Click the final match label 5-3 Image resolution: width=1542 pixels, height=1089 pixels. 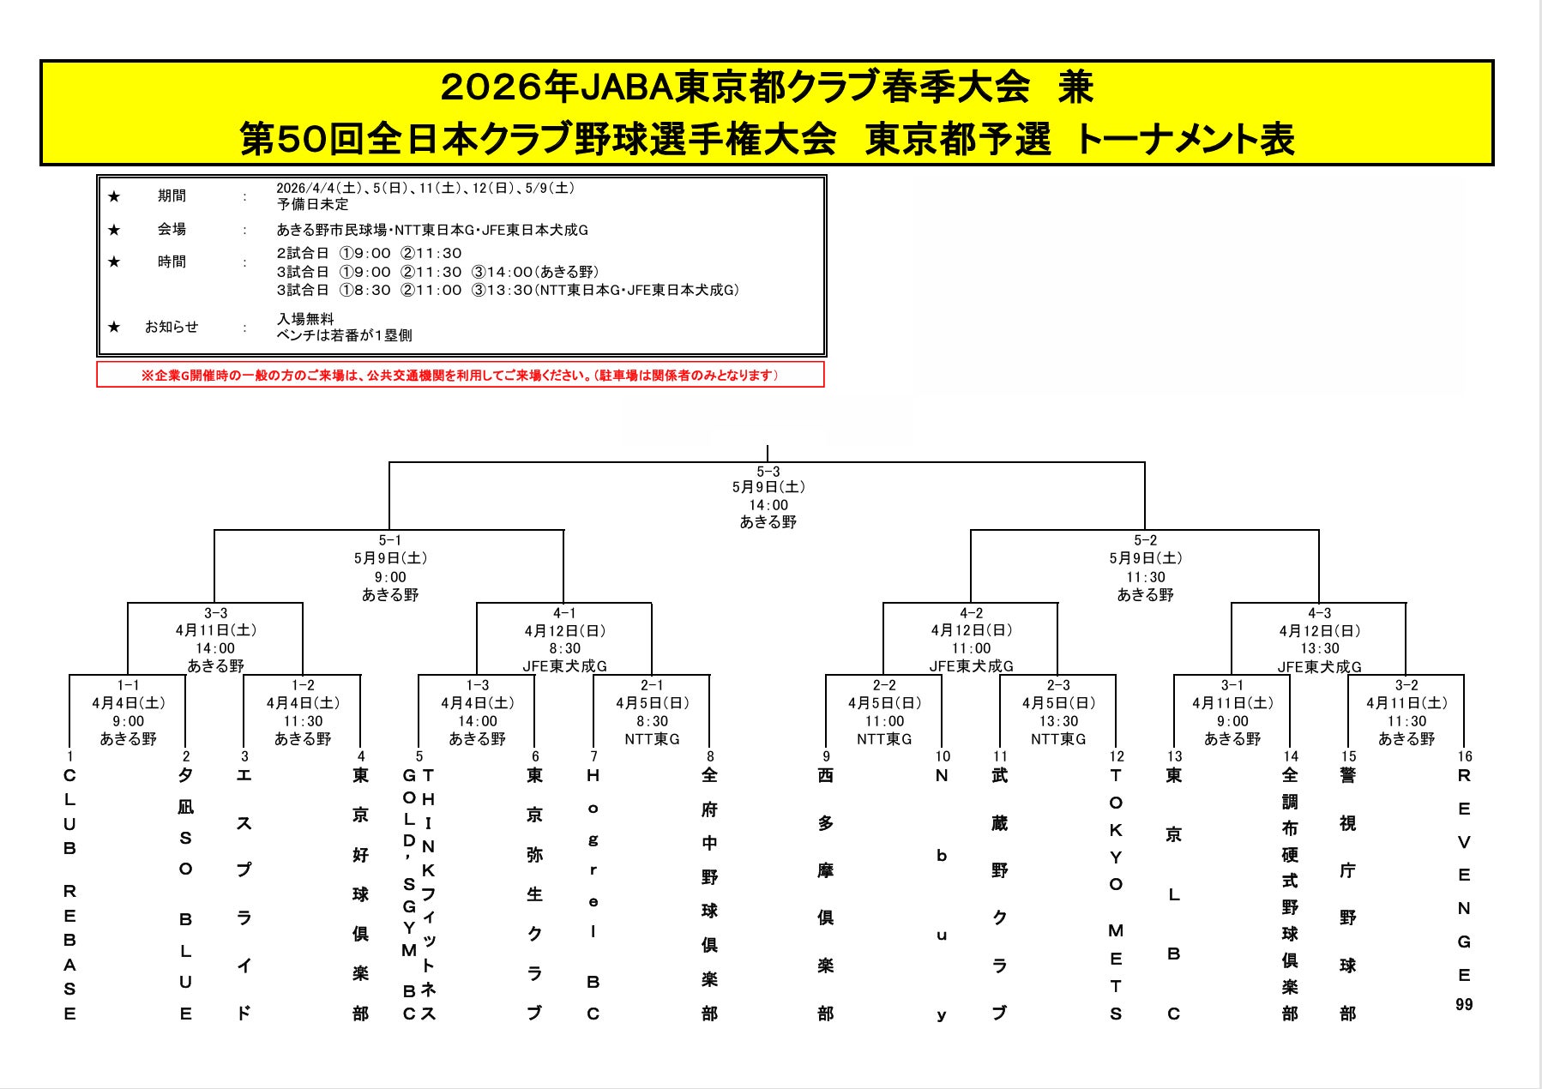[x=768, y=472]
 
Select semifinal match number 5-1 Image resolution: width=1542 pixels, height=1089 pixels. [x=389, y=540]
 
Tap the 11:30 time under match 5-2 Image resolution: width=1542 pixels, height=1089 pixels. [x=1145, y=577]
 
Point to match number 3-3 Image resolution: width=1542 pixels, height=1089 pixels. [x=215, y=613]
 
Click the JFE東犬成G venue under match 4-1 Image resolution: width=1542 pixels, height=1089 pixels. [x=564, y=665]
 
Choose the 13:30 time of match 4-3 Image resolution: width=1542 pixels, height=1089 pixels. [x=1319, y=648]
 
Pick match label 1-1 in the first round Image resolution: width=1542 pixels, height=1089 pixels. [x=128, y=685]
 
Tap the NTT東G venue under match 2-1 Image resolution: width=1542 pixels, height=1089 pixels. [x=652, y=738]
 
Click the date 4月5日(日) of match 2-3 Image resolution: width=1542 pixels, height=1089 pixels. [x=1058, y=703]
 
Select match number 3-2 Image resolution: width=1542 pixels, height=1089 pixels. [x=1406, y=685]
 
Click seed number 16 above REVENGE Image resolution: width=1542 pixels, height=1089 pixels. [x=1464, y=756]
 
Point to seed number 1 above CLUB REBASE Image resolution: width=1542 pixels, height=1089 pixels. [x=70, y=756]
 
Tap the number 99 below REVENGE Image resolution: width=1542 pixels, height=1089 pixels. [x=1464, y=1004]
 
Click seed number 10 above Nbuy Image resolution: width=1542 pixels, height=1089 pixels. [x=943, y=756]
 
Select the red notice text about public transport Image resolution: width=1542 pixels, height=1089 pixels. [x=460, y=376]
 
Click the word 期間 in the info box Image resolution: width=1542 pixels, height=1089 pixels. [x=172, y=196]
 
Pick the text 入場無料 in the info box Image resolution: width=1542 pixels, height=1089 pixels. [x=305, y=319]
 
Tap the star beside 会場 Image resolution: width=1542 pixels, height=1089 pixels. [x=114, y=230]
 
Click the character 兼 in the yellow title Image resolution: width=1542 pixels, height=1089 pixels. [x=1075, y=87]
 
